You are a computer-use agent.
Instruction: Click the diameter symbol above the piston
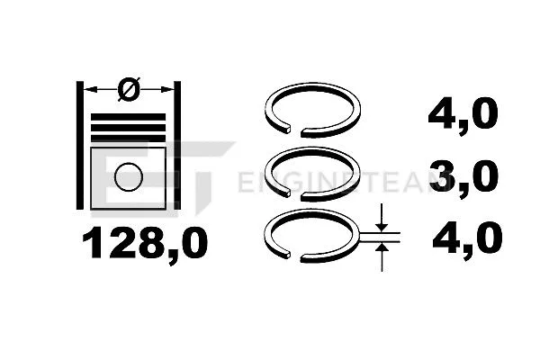coord(129,88)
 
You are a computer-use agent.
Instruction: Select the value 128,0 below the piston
coord(145,241)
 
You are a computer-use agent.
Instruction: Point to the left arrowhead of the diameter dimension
coord(89,88)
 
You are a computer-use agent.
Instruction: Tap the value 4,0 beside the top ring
coord(461,115)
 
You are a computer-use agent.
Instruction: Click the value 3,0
coord(461,175)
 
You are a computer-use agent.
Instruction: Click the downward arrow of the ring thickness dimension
coord(382,221)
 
